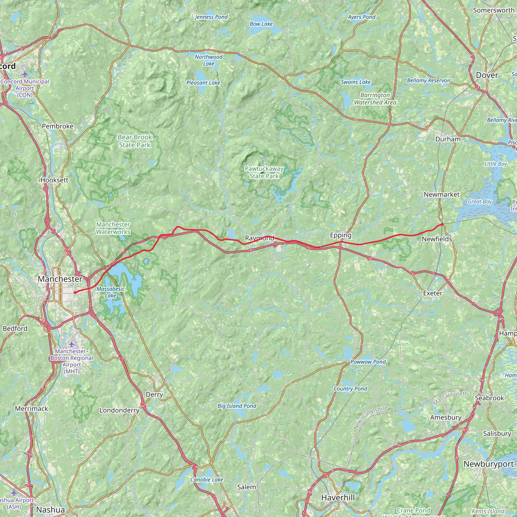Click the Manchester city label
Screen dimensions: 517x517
tap(60, 279)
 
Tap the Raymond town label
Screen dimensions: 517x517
tap(260, 238)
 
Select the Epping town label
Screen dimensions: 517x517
tap(340, 235)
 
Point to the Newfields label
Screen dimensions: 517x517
tap(437, 239)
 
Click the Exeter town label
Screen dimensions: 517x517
tap(433, 293)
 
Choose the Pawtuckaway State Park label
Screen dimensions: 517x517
tap(264, 172)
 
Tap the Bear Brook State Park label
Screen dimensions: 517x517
tap(135, 141)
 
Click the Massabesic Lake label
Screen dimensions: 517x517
tap(111, 292)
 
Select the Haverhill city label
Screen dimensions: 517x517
tap(338, 498)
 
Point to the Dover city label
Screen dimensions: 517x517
tap(487, 75)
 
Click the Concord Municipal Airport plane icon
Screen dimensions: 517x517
tap(25, 74)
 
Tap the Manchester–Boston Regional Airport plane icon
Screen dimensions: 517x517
tap(72, 344)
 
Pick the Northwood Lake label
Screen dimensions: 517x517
tap(209, 60)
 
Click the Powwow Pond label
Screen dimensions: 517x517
tap(368, 362)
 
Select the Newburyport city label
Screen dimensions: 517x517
tap(489, 464)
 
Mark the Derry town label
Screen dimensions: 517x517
tap(154, 395)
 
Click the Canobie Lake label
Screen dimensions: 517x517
tap(206, 480)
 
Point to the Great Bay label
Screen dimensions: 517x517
tap(480, 202)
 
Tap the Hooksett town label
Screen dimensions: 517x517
tap(55, 180)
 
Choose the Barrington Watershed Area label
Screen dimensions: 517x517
tap(375, 99)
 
